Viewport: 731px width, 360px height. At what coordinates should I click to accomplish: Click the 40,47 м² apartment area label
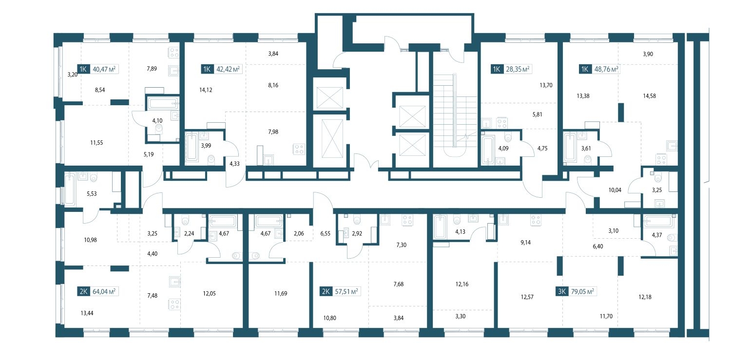[104, 69]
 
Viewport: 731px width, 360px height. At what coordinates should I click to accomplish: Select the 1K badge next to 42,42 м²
[207, 69]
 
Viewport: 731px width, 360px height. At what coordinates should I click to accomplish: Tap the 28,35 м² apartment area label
[518, 69]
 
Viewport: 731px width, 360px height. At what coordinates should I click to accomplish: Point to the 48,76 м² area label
[606, 69]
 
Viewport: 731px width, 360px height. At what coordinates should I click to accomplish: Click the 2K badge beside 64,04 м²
[83, 291]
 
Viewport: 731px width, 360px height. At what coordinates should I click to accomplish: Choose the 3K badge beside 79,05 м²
[562, 291]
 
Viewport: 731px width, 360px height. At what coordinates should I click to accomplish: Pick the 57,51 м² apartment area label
[346, 291]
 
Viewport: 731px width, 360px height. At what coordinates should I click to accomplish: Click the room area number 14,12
[206, 90]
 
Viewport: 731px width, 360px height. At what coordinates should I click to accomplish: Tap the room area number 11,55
[96, 143]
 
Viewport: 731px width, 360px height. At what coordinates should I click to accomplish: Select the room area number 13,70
[546, 85]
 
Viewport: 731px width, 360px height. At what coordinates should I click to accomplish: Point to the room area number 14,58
[650, 96]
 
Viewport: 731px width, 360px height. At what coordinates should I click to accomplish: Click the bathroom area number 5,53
[92, 194]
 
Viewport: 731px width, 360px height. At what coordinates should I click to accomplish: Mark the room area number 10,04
[615, 190]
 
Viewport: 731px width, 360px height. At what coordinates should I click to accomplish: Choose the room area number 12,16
[462, 284]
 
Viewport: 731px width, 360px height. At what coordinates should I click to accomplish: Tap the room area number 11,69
[281, 293]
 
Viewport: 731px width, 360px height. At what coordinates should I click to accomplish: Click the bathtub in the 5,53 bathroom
[70, 189]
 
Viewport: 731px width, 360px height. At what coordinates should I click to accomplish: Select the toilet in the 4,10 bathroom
[159, 129]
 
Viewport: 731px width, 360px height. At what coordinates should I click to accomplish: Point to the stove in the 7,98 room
[299, 150]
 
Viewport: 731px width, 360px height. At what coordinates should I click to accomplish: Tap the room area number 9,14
[525, 243]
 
